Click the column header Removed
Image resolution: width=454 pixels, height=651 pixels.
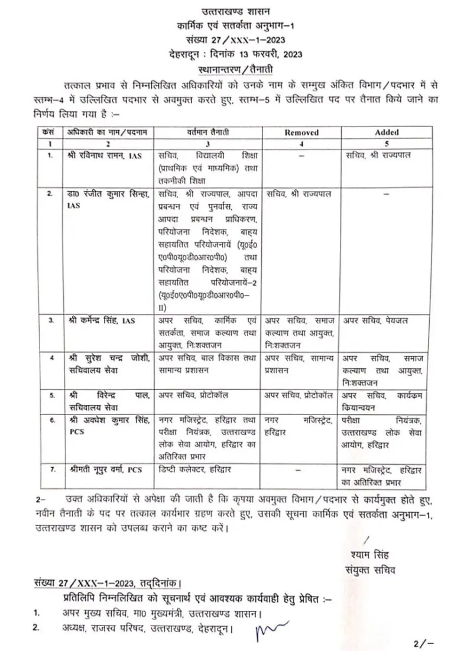(301, 132)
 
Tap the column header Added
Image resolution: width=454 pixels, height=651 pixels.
(387, 132)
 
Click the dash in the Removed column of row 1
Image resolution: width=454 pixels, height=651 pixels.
(301, 155)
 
